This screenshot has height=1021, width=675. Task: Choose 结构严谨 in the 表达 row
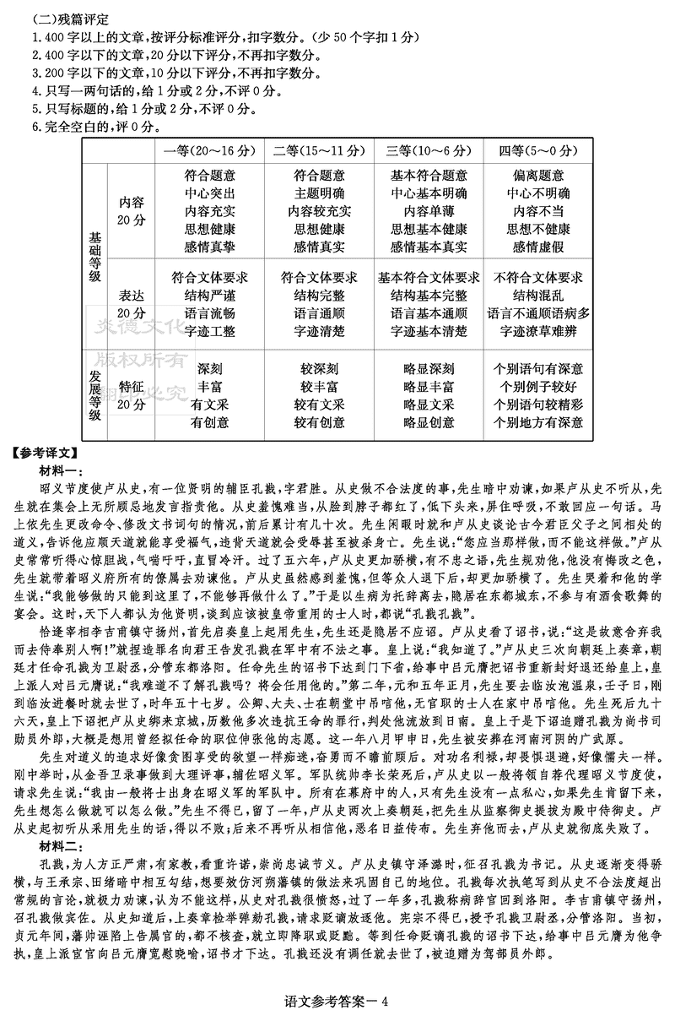click(x=209, y=296)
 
